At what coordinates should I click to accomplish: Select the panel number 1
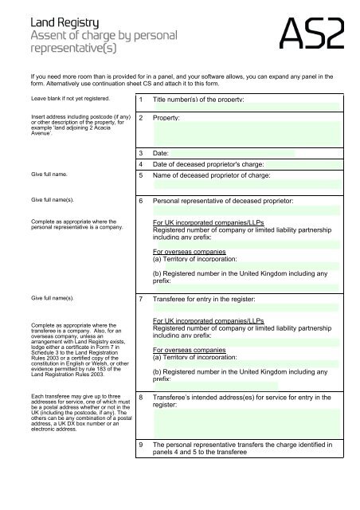click(x=140, y=100)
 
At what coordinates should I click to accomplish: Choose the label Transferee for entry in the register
click(x=214, y=299)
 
